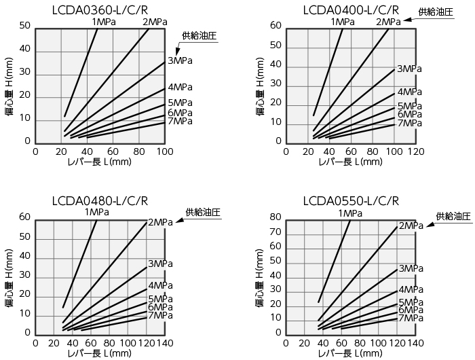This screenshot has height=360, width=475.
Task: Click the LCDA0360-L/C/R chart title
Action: tap(100, 10)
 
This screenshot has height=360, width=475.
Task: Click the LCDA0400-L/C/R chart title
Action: tap(351, 10)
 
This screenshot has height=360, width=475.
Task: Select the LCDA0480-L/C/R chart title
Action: tap(100, 200)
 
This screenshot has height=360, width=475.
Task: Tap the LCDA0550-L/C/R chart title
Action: tap(351, 200)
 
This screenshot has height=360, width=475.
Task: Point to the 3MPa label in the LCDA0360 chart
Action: tap(180, 61)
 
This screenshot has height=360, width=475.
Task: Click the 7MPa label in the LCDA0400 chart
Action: tap(410, 123)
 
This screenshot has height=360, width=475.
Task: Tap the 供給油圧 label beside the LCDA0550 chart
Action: tap(453, 217)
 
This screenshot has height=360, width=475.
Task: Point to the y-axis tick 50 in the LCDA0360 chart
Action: tap(25, 26)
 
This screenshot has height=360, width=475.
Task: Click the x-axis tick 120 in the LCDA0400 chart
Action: tap(415, 152)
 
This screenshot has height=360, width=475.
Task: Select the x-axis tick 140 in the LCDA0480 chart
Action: tap(165, 344)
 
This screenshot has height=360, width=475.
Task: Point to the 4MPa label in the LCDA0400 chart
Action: tap(410, 92)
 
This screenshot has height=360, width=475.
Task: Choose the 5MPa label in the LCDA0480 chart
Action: tap(160, 299)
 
